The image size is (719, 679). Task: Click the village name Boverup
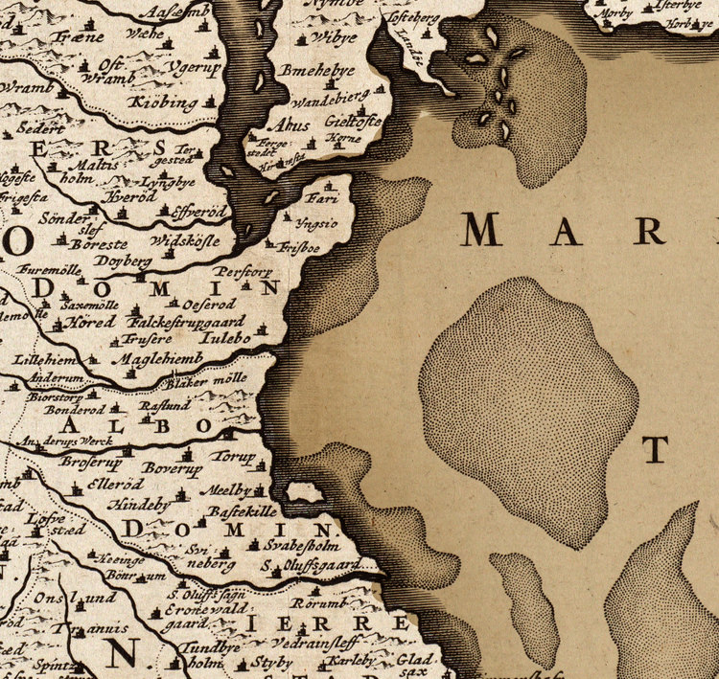click(x=172, y=468)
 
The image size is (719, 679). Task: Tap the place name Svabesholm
click(x=302, y=544)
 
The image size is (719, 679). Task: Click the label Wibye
click(x=335, y=37)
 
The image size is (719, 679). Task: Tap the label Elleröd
click(x=113, y=484)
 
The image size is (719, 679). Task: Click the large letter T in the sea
click(x=655, y=448)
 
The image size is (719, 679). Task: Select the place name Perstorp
click(x=248, y=272)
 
